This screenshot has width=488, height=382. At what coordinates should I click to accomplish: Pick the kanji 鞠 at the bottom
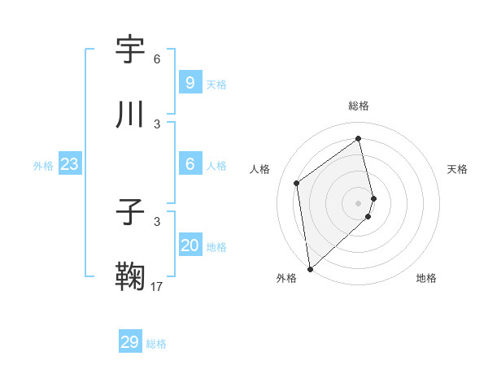131,276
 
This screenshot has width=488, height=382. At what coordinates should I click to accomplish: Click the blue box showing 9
190,82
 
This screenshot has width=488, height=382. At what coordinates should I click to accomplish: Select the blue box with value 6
190,163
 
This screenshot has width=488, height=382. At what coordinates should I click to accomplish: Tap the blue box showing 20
190,245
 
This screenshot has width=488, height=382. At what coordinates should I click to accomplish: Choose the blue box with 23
69,164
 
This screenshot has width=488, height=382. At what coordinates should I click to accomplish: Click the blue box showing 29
129,342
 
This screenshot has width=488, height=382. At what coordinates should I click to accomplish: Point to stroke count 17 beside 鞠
157,287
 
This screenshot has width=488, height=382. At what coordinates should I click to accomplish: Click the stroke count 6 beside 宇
157,59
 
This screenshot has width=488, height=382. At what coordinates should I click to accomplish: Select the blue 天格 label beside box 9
216,85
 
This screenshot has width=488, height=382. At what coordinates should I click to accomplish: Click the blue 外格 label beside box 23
43,166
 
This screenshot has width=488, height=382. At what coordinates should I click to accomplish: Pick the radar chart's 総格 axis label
359,106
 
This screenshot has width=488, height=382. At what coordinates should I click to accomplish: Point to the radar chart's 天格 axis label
457,169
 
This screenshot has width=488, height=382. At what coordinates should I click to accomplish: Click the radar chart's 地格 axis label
426,278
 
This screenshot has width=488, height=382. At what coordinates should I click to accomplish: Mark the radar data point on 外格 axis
309,268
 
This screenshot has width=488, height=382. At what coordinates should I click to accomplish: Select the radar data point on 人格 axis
297,183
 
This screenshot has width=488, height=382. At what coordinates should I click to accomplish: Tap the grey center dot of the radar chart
359,202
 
